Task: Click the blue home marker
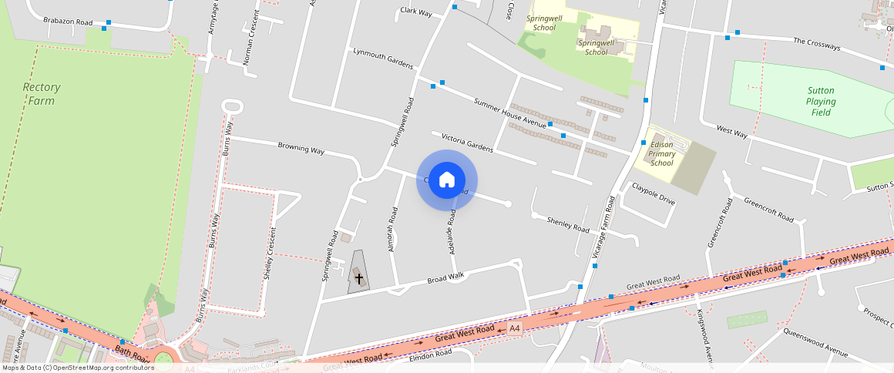point(447,180)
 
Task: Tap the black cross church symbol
point(358,277)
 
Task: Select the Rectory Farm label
point(42,94)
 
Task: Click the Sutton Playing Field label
point(821,101)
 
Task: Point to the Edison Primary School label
point(661,153)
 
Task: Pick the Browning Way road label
point(301,147)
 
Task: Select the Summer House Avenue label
point(509,113)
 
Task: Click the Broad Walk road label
point(446,277)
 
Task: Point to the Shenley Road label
point(568,225)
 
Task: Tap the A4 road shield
point(515,329)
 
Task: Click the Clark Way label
point(416,12)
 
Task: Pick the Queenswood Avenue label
point(815,343)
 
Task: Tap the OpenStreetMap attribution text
point(78,368)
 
